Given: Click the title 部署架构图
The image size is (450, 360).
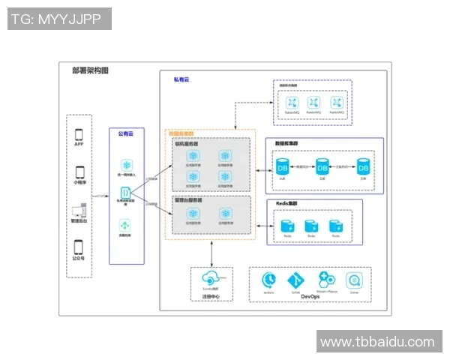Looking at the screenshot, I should (x=90, y=70).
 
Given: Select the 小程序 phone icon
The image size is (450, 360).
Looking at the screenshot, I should (x=79, y=172).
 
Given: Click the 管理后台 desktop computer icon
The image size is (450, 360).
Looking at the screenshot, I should (x=79, y=211).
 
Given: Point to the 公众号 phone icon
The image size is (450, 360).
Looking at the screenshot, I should (x=79, y=247).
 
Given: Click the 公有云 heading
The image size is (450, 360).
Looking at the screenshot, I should (x=125, y=133).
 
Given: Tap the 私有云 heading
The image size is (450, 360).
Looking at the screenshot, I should (x=181, y=79).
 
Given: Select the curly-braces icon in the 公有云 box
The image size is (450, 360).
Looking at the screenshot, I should (x=124, y=192).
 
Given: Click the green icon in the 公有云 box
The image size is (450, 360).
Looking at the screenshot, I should (x=124, y=225).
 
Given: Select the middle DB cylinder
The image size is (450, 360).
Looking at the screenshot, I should (x=322, y=166).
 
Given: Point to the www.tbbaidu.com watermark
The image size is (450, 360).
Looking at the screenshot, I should (x=377, y=343).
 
